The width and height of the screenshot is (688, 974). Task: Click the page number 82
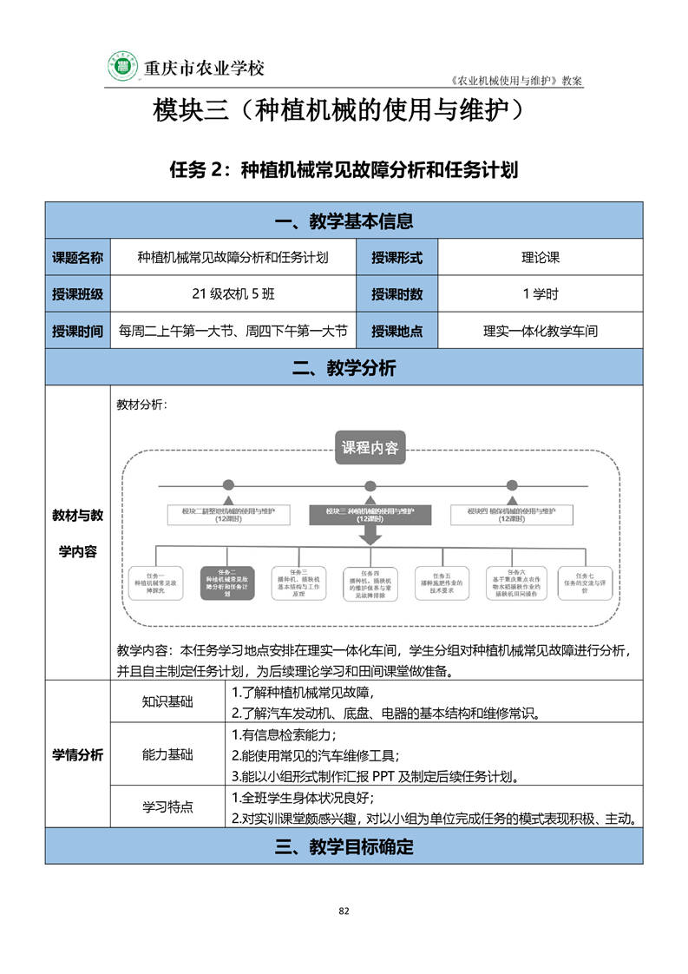coord(344,911)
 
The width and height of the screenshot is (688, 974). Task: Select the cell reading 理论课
coord(541,258)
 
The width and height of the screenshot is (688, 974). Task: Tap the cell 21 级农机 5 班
coord(233,294)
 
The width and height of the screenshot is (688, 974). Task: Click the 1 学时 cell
coord(541,294)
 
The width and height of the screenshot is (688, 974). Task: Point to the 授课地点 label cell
coord(396,331)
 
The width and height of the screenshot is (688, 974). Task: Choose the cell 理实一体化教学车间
coord(541,331)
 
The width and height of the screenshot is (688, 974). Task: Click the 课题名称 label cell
coord(77,258)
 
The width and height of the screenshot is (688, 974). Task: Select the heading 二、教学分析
coord(344,368)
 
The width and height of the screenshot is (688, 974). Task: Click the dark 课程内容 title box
coord(370,448)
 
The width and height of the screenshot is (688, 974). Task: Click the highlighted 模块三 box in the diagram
coord(370,515)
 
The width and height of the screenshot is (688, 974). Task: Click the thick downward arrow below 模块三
coord(370,536)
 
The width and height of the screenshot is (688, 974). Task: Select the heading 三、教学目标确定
coord(344,847)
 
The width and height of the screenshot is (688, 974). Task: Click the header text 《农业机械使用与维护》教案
coord(517,80)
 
